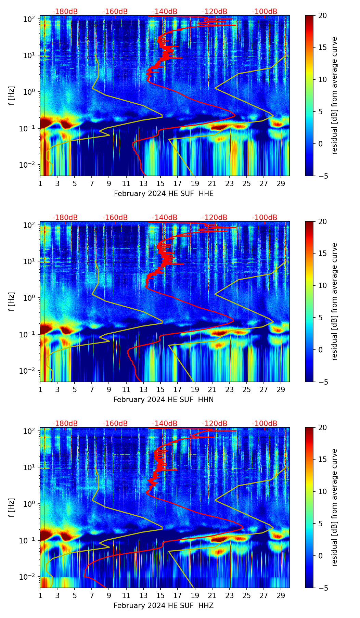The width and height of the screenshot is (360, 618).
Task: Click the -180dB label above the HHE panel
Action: coord(65,12)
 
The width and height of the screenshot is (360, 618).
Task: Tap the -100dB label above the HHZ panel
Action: coord(265,424)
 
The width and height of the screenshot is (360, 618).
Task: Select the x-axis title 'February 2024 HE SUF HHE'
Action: coord(164,194)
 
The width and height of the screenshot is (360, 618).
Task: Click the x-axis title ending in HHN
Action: coord(164,400)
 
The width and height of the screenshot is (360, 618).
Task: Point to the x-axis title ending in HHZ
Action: coord(164,606)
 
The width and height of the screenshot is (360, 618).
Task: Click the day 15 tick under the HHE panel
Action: coord(160,183)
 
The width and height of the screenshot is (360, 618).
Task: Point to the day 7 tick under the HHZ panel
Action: coord(92,595)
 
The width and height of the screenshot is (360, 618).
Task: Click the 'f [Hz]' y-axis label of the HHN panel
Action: coord(12,301)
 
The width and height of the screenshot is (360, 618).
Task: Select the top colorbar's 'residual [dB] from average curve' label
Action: coord(334,95)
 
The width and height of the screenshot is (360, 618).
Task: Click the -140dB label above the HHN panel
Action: coord(165,218)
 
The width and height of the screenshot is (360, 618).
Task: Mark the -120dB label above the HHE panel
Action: coord(215,12)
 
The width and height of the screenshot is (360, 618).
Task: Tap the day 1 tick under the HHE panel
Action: coord(40,183)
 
